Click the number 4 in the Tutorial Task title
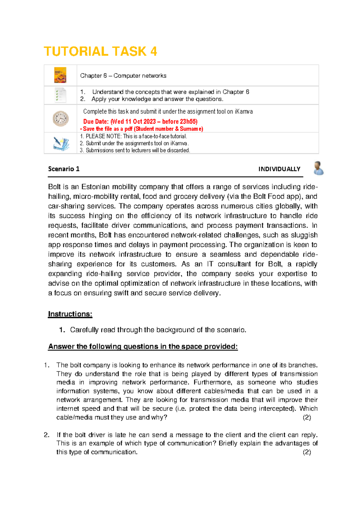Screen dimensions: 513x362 (154, 51)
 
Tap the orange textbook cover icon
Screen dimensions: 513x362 (60, 75)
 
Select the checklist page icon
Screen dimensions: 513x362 (60, 95)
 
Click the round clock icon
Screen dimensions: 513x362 (61, 118)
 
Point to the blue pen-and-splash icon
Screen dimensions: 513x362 (61, 143)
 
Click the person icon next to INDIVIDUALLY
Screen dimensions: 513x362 (318, 168)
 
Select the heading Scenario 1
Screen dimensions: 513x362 (64, 169)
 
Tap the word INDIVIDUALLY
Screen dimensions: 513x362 (279, 169)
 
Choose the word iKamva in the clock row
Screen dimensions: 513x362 (243, 111)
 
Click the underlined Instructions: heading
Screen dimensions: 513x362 (70, 314)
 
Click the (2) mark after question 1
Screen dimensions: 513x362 (307, 417)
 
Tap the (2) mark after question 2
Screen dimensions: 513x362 (307, 452)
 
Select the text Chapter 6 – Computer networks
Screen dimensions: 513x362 (123, 76)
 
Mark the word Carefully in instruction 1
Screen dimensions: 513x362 (84, 330)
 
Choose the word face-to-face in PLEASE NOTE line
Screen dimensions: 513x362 (156, 136)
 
